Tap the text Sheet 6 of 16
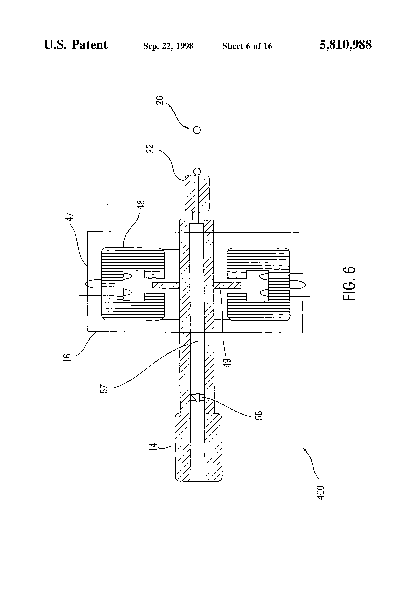click(x=247, y=46)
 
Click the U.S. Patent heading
click(x=76, y=45)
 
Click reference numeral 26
click(x=159, y=100)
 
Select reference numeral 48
click(x=142, y=205)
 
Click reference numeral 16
click(x=67, y=358)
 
